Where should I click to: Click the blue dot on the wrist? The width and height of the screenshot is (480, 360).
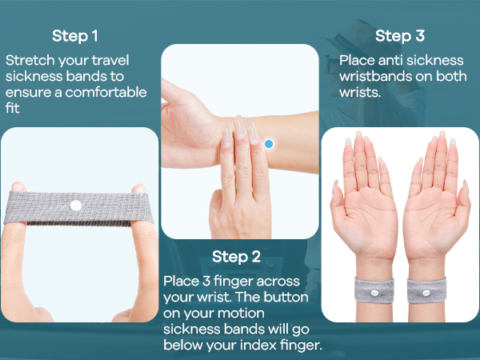pyautogui.click(x=269, y=144)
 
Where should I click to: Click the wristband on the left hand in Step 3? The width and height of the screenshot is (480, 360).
pyautogui.click(x=368, y=286)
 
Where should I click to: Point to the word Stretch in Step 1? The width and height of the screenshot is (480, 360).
pyautogui.click(x=27, y=61)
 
